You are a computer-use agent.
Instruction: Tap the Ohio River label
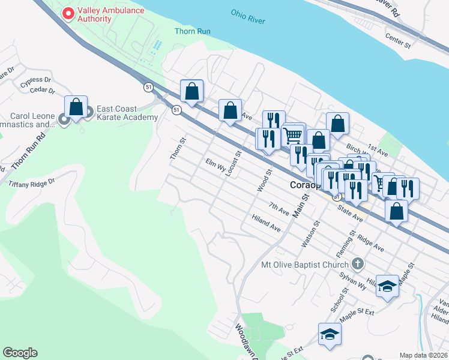(247, 16)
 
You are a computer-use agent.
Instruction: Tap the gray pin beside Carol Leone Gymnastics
(64, 120)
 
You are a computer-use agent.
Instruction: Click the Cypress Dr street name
(35, 79)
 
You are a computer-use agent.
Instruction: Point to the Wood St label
(264, 180)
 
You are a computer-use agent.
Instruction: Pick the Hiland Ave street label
(267, 224)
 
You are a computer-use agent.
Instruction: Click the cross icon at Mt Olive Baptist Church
(357, 264)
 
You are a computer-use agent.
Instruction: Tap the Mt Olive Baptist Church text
(305, 265)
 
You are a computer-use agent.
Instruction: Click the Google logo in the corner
(20, 353)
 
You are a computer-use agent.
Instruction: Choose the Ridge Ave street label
(370, 242)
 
